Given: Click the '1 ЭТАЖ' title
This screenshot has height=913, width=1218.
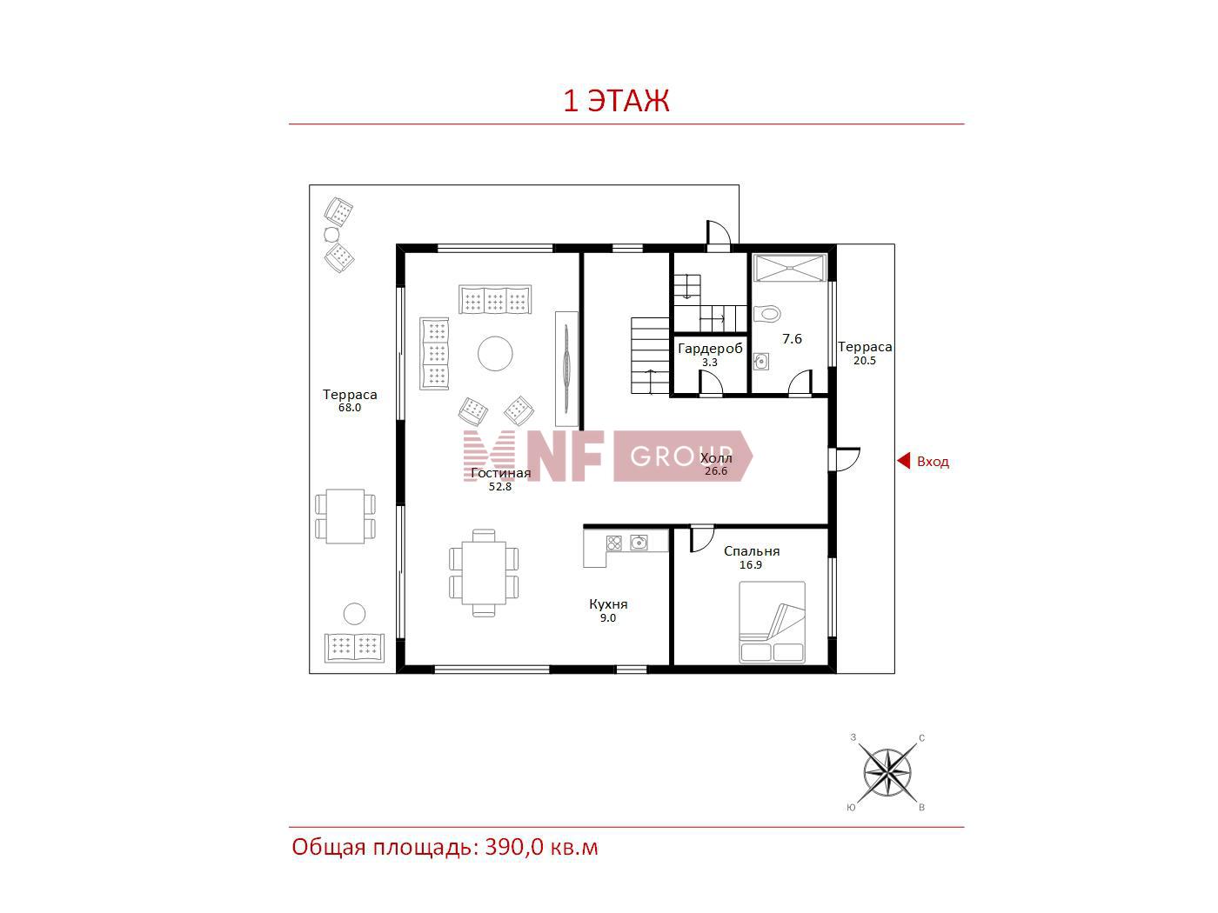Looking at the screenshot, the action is click(616, 101).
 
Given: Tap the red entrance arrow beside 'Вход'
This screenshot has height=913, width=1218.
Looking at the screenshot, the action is click(904, 461).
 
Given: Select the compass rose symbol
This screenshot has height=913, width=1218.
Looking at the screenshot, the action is click(887, 771).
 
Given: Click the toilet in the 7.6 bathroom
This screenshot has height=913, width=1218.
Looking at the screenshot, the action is click(768, 313).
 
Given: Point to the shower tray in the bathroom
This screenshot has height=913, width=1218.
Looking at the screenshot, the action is click(790, 269).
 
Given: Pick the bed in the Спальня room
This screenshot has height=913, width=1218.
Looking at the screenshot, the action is click(772, 622).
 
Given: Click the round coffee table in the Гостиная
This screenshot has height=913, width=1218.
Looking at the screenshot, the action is click(495, 353).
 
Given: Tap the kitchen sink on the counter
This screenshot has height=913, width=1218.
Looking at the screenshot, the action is click(639, 542).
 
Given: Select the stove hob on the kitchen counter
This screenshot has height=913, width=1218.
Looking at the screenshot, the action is click(613, 543).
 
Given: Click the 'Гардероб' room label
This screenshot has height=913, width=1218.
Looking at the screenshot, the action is click(710, 349).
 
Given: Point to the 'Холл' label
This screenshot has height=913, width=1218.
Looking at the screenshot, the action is click(716, 458).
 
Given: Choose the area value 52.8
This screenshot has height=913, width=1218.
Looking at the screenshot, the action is click(500, 487).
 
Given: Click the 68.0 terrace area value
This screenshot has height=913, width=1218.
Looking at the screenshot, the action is click(350, 408).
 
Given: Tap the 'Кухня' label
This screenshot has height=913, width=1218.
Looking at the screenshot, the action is click(608, 604).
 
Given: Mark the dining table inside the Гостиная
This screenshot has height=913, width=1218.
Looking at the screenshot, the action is click(484, 573).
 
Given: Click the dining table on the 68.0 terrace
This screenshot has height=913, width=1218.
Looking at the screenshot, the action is click(345, 516).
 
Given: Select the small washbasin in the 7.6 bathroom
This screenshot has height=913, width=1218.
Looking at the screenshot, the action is click(760, 362).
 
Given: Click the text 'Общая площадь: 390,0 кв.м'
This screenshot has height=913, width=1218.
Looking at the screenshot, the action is click(445, 848).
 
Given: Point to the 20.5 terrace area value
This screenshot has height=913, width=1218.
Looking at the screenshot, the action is click(865, 361).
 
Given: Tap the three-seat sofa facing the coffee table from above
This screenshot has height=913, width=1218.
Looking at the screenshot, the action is click(495, 300).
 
